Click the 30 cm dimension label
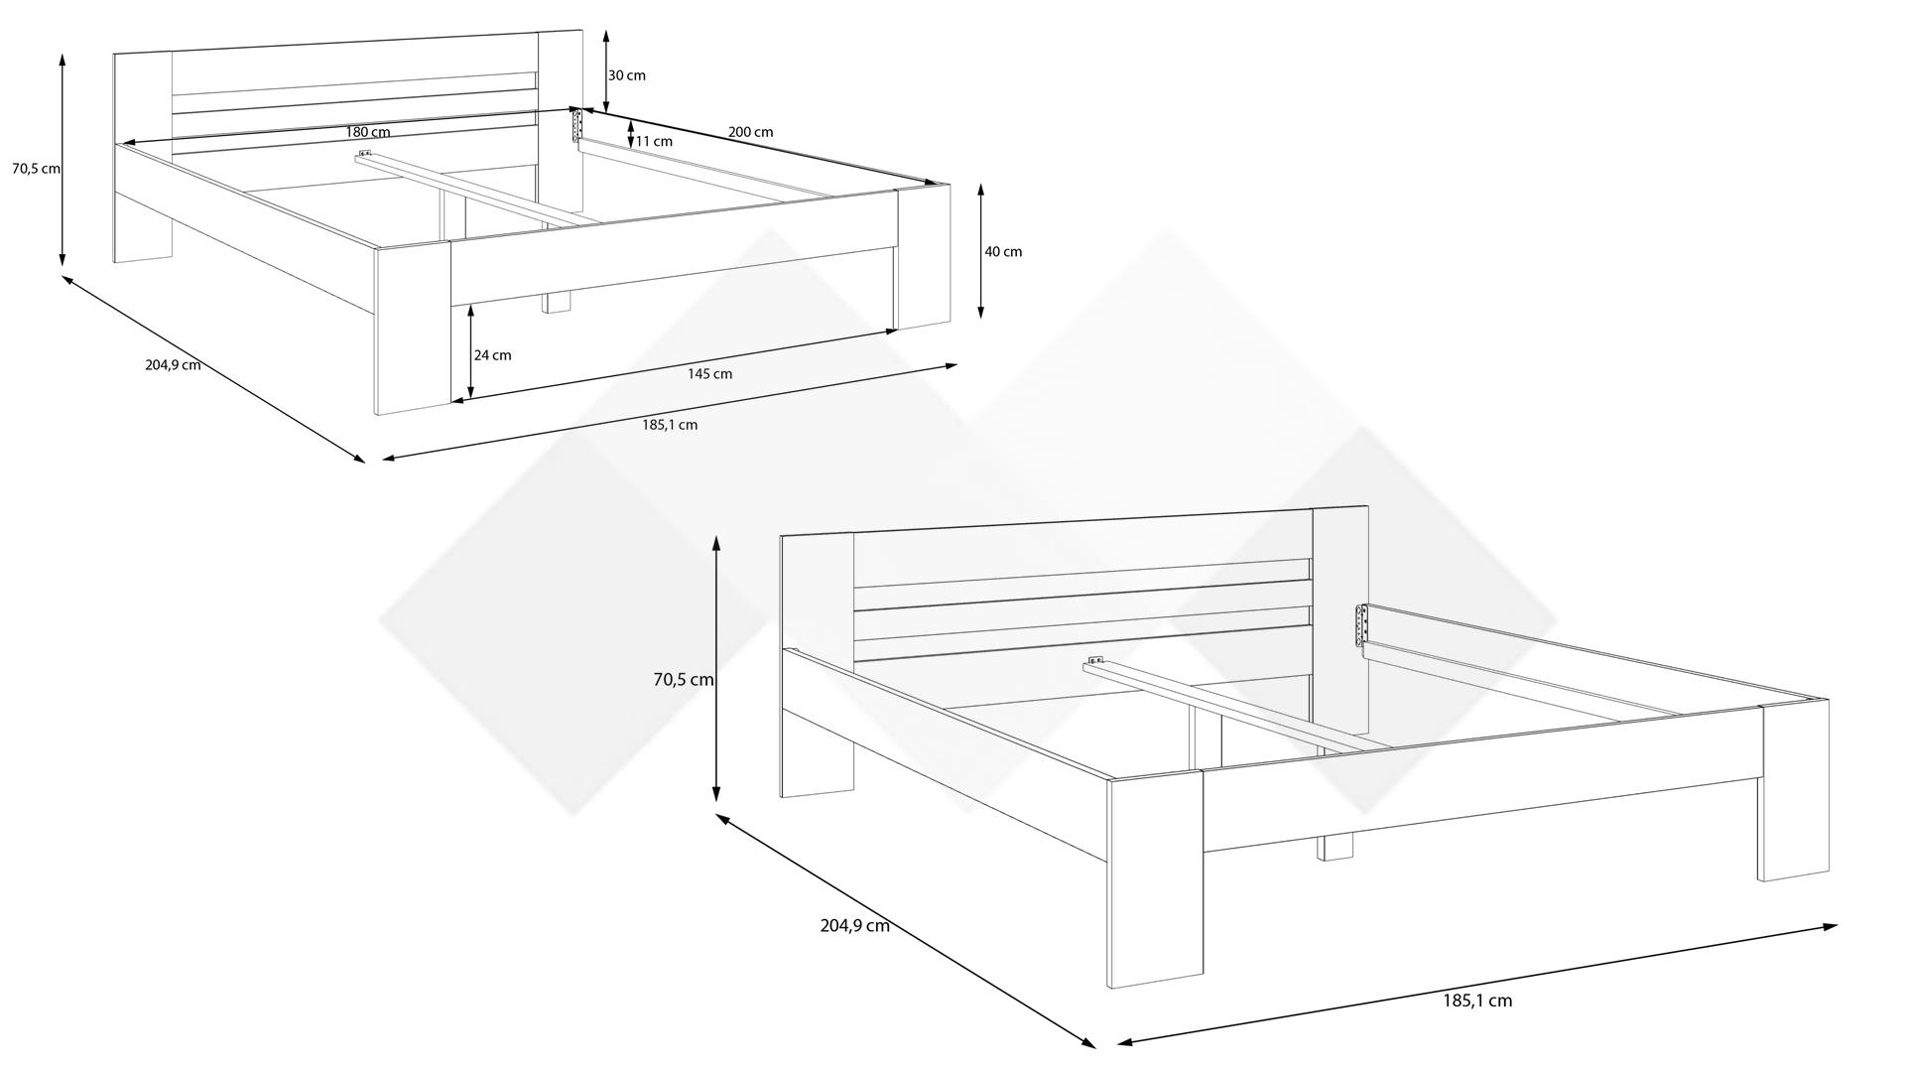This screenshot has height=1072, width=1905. pos(626,75)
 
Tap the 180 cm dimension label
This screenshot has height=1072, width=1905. pos(368,132)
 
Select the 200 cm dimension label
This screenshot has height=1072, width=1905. pos(750,132)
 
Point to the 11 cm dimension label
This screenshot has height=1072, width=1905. pos(654,141)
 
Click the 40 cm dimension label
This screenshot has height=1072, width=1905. pos(1003,252)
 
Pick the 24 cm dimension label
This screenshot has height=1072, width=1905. pos(493,355)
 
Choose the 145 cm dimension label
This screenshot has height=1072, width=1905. pos(709,374)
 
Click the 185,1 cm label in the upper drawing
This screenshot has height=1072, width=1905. pos(669,425)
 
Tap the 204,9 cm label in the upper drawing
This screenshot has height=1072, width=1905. pos(173,364)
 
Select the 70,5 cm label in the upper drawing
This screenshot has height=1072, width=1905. pos(36,169)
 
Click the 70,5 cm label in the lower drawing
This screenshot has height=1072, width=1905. pos(684,680)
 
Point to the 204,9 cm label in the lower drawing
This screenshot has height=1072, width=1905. pos(854,925)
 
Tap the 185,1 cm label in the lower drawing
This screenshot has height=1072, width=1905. pos(1477,1001)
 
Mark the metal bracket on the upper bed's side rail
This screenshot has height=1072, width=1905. pos(575,126)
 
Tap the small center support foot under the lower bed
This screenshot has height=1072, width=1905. pos(1335,848)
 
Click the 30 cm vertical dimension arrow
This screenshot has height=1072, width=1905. pos(606,70)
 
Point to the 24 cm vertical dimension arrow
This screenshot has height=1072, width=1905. pos(470,352)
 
